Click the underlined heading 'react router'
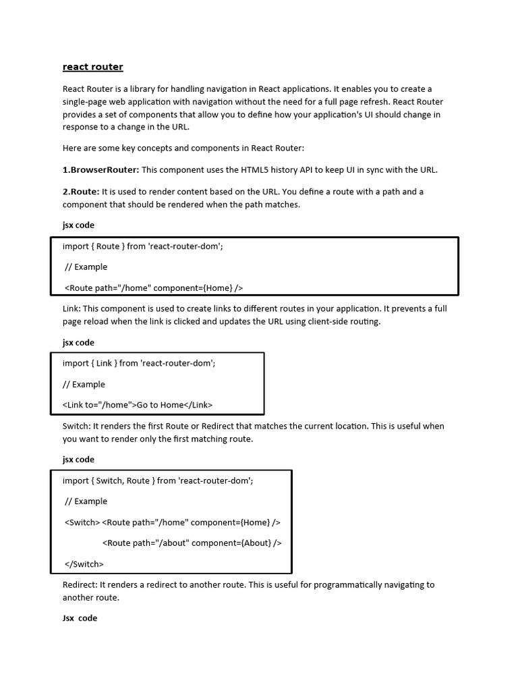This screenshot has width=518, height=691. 93,67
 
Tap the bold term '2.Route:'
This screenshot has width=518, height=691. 81,192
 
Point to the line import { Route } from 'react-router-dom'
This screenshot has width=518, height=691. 143,246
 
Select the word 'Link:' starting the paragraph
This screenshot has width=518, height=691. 72,308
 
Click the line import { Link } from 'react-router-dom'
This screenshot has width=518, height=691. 139,363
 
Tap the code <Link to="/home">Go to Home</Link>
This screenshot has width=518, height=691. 138,405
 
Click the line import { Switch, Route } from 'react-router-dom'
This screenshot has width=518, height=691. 158,480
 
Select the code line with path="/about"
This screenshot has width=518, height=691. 192,543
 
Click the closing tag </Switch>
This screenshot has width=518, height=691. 84,563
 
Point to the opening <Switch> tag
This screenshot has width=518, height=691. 82,522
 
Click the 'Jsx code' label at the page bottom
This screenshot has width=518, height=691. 80,618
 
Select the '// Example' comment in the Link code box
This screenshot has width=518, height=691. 84,384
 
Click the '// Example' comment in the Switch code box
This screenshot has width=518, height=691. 86,501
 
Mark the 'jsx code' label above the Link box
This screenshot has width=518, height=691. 78,342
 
